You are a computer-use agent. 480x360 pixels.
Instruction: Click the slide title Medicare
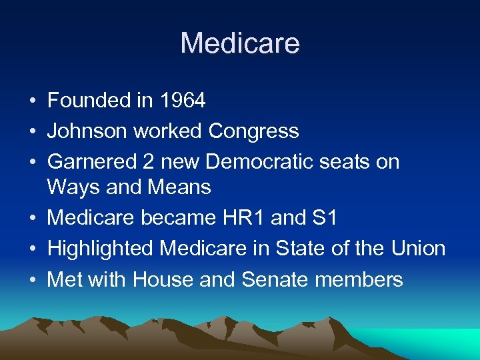point(240,44)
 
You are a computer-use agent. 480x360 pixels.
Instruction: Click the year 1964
point(183,101)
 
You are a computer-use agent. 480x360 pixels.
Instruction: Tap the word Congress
point(253,132)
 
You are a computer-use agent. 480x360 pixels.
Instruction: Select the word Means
point(179,187)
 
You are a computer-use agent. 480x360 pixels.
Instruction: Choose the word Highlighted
point(101,249)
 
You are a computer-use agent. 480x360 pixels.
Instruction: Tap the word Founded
point(88,101)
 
